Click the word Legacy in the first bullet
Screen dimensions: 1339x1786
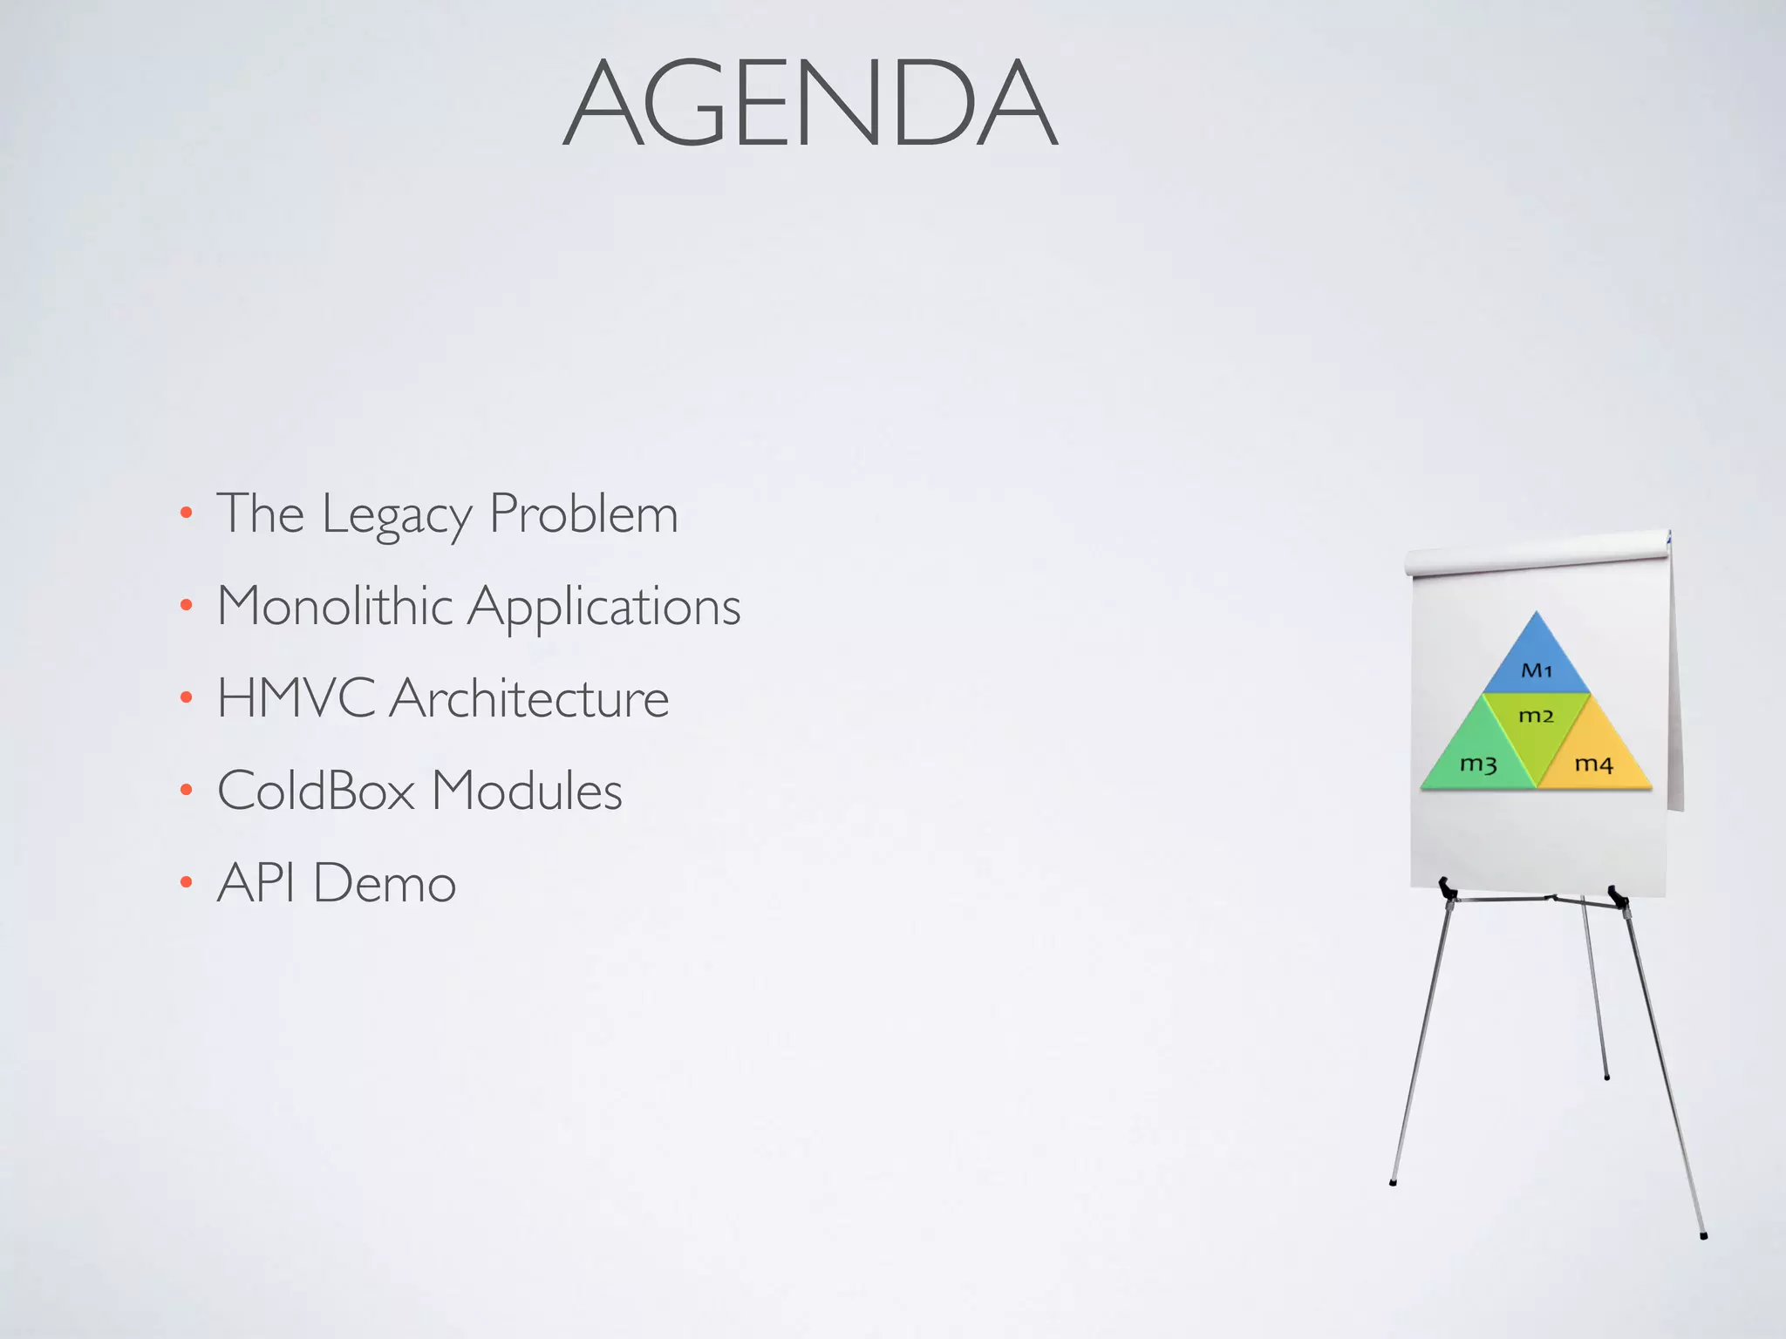point(396,514)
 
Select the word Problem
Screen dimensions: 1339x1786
point(583,514)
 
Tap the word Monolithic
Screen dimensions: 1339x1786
point(335,606)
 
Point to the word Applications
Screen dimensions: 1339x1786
point(604,608)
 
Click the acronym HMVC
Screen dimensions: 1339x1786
point(296,698)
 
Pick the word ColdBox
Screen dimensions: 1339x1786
point(316,791)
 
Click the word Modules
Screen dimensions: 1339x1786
point(527,791)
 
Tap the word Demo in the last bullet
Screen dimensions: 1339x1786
point(385,883)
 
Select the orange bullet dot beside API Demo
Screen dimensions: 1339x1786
point(186,883)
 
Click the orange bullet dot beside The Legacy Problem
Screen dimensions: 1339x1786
point(186,513)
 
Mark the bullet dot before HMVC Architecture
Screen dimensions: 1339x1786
point(186,697)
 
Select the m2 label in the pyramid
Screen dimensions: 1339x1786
point(1537,717)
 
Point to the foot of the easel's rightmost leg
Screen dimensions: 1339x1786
point(1703,1235)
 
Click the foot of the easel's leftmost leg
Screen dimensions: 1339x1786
point(1393,1182)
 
